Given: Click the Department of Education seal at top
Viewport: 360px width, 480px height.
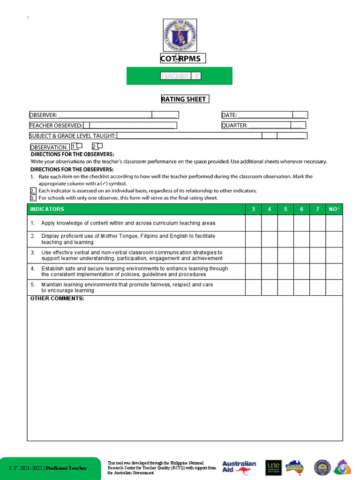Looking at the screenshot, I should tap(180, 35).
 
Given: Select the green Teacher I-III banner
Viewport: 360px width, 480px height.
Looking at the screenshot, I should tap(180, 76).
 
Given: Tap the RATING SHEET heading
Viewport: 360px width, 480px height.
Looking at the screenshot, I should tap(185, 99).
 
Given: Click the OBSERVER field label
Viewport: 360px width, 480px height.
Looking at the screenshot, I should tap(43, 115).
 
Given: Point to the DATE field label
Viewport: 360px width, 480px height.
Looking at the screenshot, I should tap(229, 115).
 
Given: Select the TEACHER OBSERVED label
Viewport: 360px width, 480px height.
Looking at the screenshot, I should tap(56, 125).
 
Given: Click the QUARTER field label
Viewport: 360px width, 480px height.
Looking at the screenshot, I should tap(234, 125).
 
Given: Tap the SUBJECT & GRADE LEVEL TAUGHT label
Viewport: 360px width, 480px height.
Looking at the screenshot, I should tap(73, 135).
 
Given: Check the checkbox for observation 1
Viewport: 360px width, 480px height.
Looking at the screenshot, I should tap(80, 146).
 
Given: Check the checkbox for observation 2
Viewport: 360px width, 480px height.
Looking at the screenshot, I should tap(99, 146).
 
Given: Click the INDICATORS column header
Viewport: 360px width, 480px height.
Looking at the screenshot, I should tap(47, 209).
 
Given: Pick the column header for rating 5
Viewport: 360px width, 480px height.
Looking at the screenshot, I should tap(285, 209).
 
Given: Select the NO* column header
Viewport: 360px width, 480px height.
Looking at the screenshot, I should tap(334, 209).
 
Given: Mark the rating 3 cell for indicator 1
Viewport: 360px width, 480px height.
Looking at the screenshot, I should tap(253, 223).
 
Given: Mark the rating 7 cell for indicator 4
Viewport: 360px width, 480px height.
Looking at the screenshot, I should tap(318, 271).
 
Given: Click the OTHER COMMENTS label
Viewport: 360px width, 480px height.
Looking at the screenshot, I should tap(57, 299).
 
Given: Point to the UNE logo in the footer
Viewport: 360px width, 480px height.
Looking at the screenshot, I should tap(273, 467).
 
